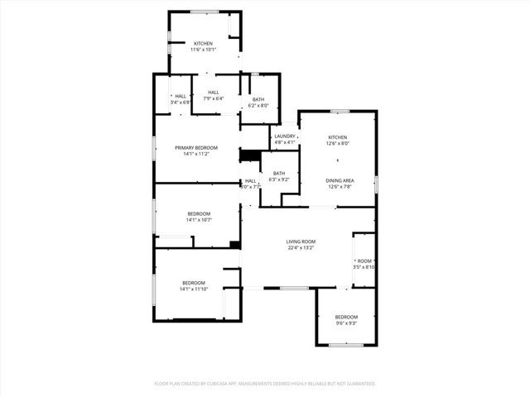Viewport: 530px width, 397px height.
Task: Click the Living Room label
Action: (301, 241)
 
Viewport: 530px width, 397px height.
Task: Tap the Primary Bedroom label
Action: (195, 147)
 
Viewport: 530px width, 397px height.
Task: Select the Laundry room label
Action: (285, 136)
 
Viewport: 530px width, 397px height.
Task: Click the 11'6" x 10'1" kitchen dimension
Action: (203, 50)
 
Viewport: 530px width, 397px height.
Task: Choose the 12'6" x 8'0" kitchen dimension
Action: (337, 143)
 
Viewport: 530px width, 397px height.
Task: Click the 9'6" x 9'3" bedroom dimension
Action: (346, 323)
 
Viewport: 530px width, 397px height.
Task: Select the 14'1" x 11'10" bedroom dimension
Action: (194, 289)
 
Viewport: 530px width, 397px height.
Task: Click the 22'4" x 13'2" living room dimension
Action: (301, 247)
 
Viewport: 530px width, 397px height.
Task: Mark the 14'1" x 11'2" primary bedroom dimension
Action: (195, 154)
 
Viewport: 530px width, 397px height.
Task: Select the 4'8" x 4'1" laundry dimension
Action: (285, 142)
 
